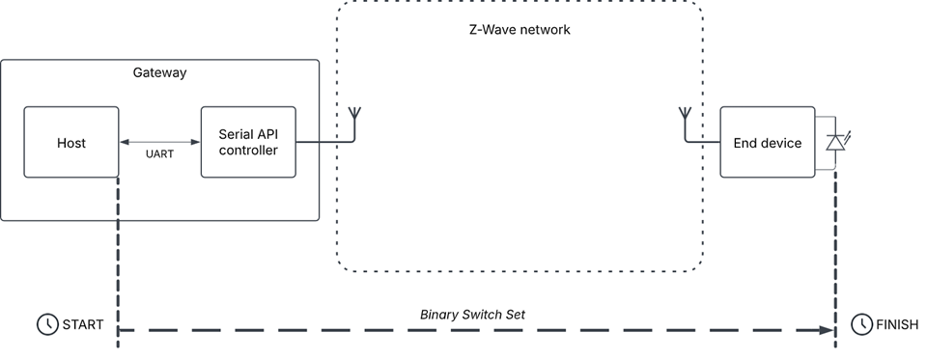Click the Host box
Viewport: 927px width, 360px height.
tap(70, 143)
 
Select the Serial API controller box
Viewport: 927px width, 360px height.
tap(248, 143)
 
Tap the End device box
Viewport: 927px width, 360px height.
tap(768, 143)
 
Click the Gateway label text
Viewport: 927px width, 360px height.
tap(159, 72)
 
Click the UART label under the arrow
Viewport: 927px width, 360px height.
tap(159, 153)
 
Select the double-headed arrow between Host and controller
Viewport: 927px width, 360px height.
tap(159, 143)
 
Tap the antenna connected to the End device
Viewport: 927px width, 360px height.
tap(686, 124)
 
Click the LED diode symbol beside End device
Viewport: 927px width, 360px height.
tap(834, 143)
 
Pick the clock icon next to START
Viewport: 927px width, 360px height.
tap(46, 324)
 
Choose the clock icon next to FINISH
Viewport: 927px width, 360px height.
tap(860, 324)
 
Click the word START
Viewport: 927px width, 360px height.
tap(82, 324)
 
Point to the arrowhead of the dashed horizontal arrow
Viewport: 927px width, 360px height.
tap(827, 330)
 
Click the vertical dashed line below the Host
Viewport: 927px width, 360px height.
tap(118, 251)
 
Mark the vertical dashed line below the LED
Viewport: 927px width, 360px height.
tap(835, 251)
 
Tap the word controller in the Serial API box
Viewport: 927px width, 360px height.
tap(248, 152)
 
